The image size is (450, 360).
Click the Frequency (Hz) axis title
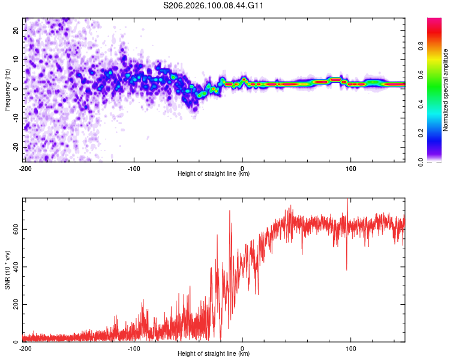point(7,89)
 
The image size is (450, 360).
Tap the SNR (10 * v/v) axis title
point(7,270)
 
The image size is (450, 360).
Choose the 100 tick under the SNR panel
point(351,348)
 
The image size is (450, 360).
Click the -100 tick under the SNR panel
point(134,348)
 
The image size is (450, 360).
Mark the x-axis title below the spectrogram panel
point(214,174)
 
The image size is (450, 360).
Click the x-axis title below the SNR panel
point(214,354)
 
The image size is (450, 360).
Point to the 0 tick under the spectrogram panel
point(242,168)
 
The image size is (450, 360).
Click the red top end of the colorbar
point(434,21)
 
